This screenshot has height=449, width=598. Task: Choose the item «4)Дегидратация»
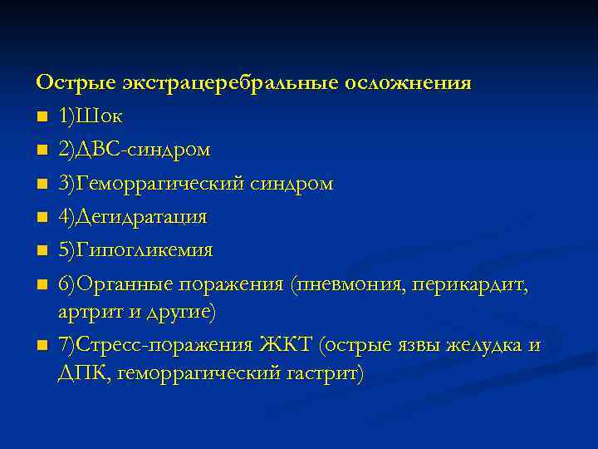click(x=133, y=217)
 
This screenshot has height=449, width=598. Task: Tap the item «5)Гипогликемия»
click(x=135, y=250)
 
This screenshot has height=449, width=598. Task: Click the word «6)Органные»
click(x=115, y=284)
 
